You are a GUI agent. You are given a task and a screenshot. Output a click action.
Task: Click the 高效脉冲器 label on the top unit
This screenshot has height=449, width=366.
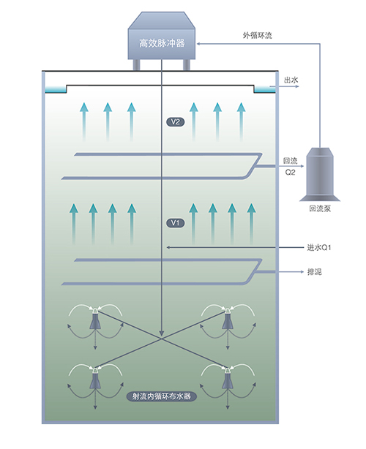162,44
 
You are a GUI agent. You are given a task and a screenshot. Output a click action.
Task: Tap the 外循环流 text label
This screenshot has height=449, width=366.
257,36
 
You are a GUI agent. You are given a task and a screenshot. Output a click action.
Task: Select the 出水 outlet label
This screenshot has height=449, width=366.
291,80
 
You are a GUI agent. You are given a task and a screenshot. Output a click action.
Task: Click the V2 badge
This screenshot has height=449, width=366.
176,122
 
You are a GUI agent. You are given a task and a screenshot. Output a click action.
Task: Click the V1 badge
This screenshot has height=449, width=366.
176,223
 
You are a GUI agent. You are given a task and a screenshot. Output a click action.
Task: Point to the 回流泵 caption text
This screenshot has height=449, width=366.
320,208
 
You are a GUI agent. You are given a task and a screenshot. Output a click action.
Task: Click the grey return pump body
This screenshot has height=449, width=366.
320,174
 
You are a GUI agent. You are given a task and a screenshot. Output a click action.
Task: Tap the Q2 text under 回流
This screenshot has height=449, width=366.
290,173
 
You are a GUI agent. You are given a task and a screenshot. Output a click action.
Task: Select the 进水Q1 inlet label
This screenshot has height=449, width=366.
318,247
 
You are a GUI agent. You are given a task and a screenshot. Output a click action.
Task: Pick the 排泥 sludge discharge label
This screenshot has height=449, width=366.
315,272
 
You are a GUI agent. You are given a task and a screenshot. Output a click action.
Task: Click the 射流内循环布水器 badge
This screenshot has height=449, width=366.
161,396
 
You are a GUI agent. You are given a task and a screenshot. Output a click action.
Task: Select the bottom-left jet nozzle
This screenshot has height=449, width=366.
95,379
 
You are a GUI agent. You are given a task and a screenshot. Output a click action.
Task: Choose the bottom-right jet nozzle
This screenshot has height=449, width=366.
228,379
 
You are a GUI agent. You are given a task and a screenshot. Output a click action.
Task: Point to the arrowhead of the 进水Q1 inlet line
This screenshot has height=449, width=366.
169,247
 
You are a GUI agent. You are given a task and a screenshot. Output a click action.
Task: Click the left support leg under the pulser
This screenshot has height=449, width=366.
137,64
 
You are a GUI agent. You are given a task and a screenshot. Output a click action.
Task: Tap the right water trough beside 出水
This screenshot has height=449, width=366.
264,90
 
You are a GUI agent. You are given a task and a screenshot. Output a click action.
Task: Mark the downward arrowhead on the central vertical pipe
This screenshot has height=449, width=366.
162,333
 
